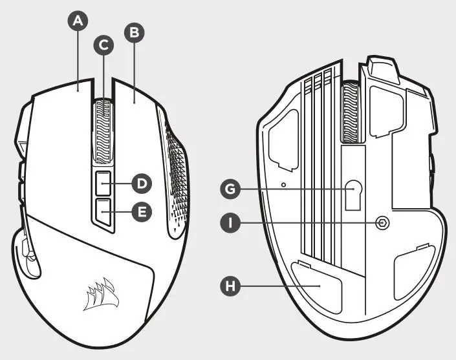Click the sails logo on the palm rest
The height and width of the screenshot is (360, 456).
click(100, 293)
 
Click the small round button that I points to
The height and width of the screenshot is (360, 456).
click(382, 223)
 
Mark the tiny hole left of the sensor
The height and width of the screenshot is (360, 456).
click(285, 184)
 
